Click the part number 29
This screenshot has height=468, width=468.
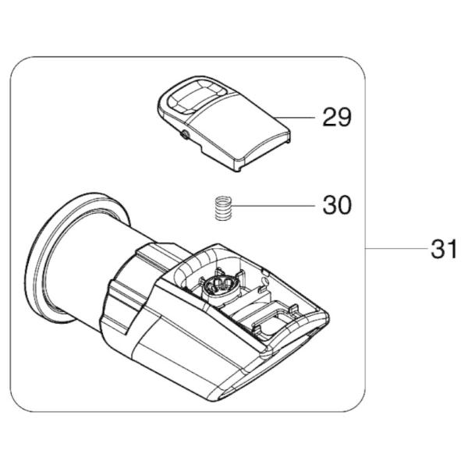coord(337,117)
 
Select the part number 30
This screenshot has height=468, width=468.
coord(337,205)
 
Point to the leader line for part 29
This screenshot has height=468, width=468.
coord(294,118)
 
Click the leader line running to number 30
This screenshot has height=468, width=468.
coord(274,206)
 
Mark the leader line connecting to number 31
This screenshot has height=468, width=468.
coord(396,248)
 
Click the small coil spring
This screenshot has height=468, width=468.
coord(224,208)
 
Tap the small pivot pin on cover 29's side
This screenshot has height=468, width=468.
coord(183,135)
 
